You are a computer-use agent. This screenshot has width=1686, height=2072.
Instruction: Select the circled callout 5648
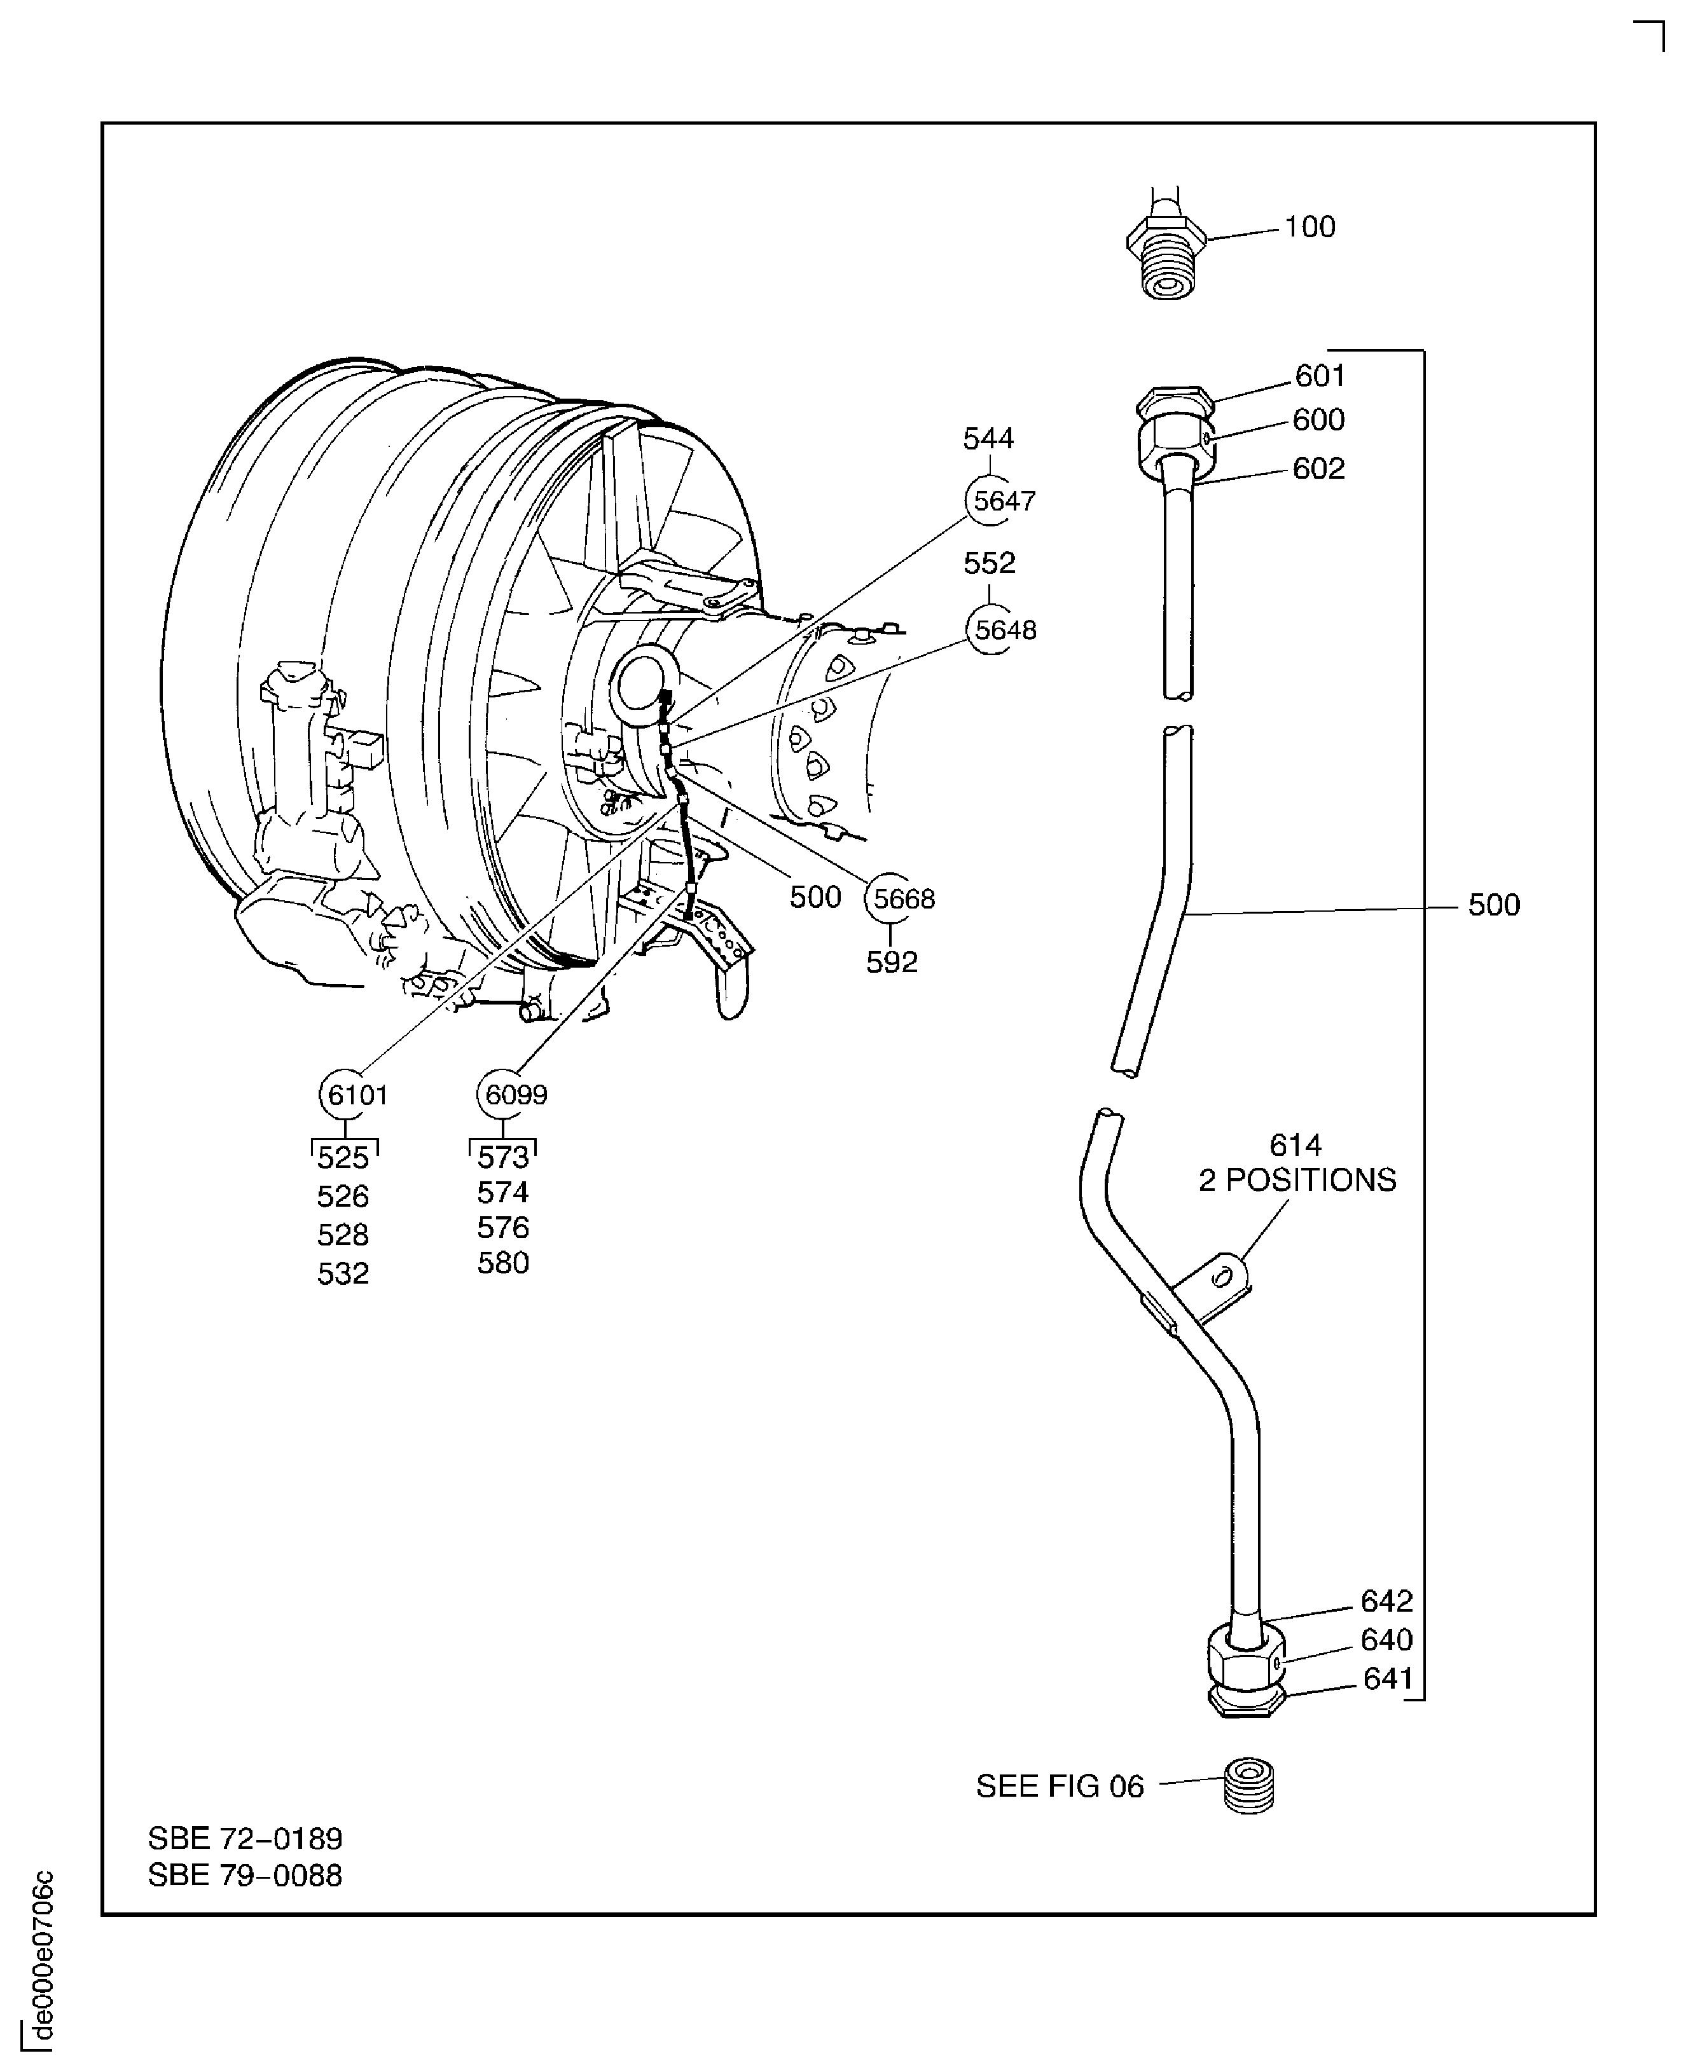[992, 630]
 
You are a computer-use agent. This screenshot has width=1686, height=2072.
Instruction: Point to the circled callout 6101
[346, 1094]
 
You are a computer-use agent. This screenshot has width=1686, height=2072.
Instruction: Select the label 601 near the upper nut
[1320, 376]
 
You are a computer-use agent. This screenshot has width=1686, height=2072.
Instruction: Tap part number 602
[1318, 469]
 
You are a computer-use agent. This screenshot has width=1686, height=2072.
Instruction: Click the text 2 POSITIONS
[1297, 1180]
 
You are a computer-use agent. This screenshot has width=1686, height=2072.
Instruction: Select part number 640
[1386, 1640]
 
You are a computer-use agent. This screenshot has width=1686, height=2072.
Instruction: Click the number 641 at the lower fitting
[1388, 1678]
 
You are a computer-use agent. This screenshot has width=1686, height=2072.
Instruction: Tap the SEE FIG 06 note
[1060, 1787]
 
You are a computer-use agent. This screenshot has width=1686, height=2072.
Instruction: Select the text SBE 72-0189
[245, 1839]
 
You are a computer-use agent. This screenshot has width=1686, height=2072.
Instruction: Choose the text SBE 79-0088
[245, 1875]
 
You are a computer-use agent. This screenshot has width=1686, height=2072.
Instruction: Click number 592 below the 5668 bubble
[892, 962]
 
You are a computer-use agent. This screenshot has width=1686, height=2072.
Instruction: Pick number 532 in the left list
[343, 1273]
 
